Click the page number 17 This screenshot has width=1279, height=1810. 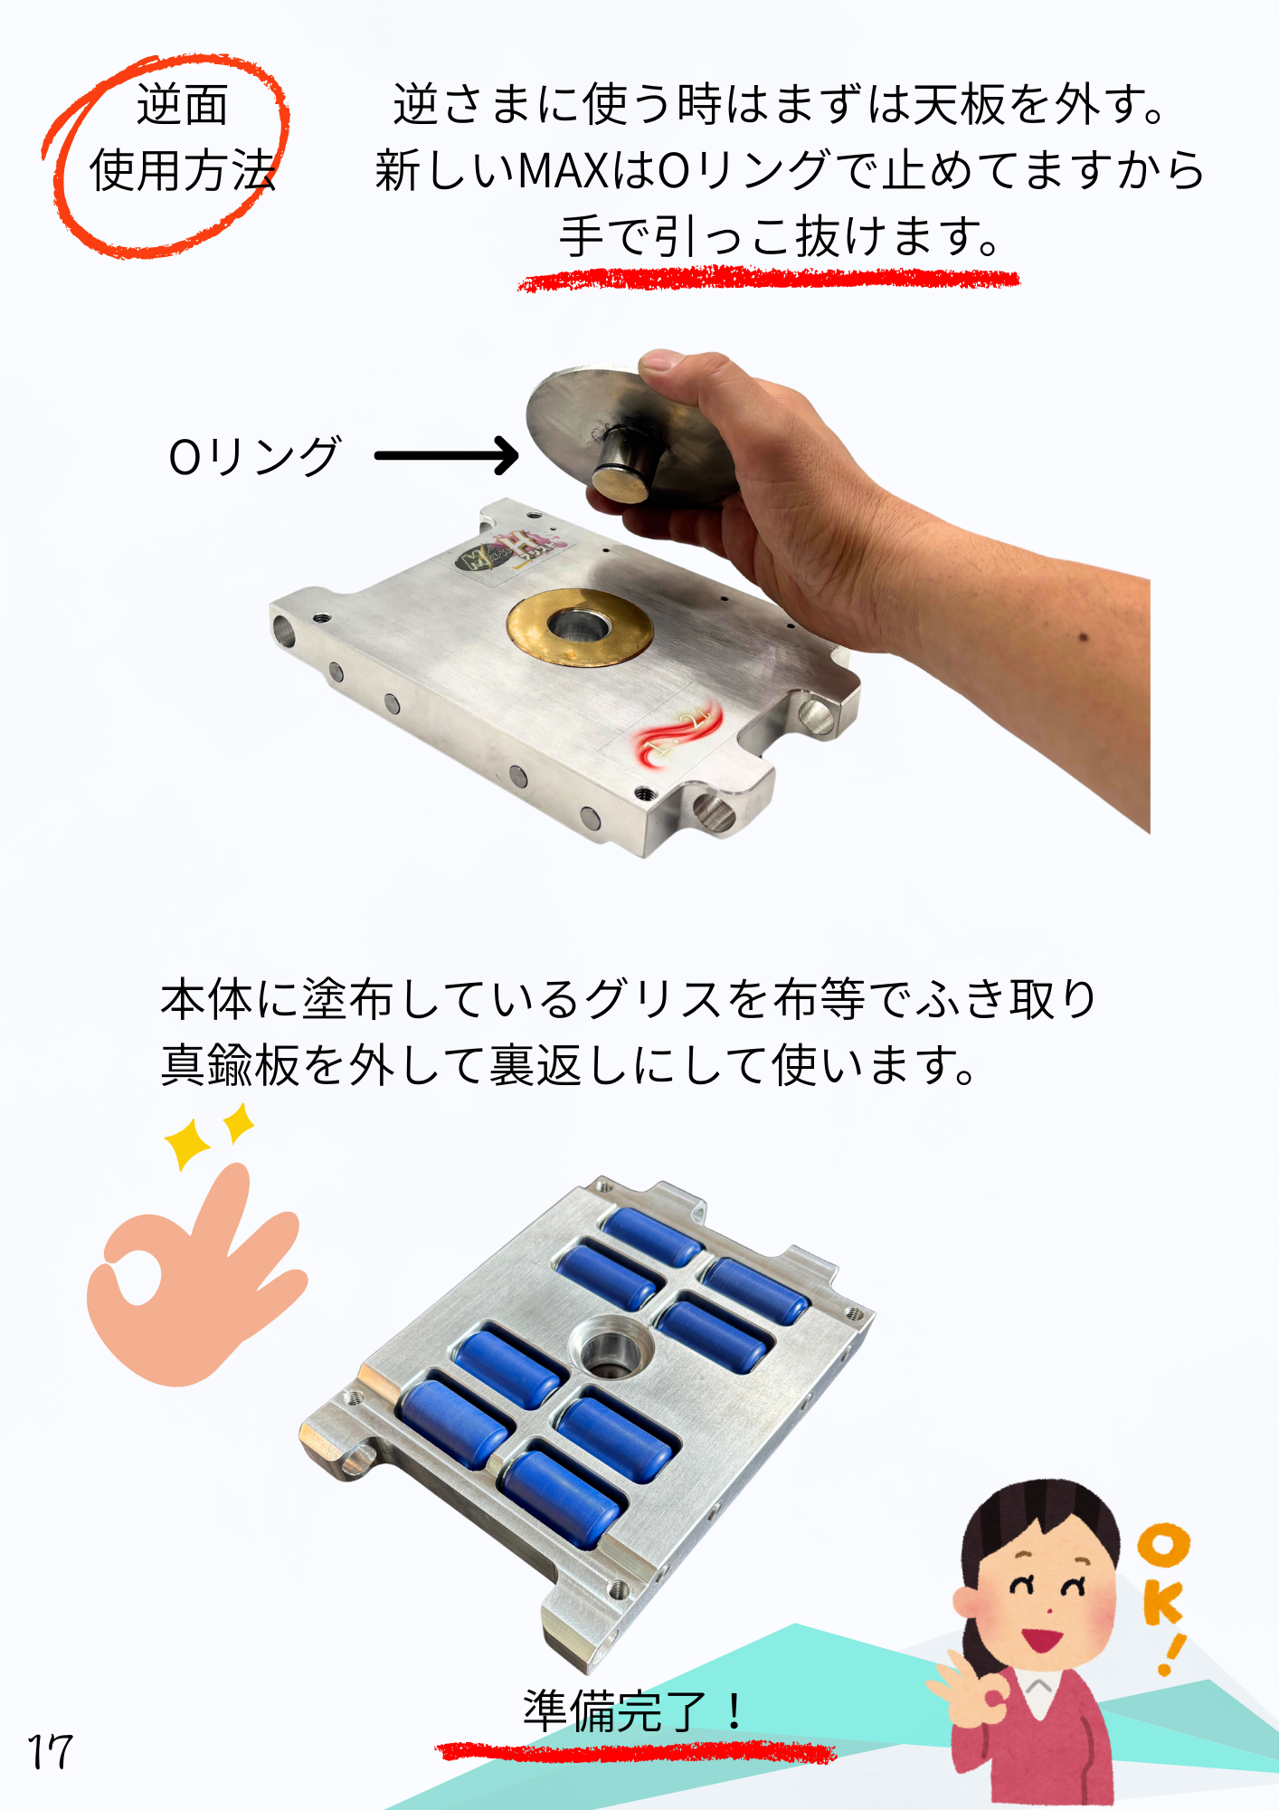pos(50,1752)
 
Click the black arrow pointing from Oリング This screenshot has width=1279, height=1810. pos(447,455)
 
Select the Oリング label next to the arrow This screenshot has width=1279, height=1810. pos(254,456)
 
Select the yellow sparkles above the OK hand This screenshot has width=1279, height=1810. pos(208,1137)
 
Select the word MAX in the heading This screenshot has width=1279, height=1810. pos(564,170)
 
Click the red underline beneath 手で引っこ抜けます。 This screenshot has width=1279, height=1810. pos(769,279)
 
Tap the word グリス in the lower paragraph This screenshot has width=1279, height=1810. pos(653,1000)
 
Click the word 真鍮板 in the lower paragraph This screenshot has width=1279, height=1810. pos(231,1065)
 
